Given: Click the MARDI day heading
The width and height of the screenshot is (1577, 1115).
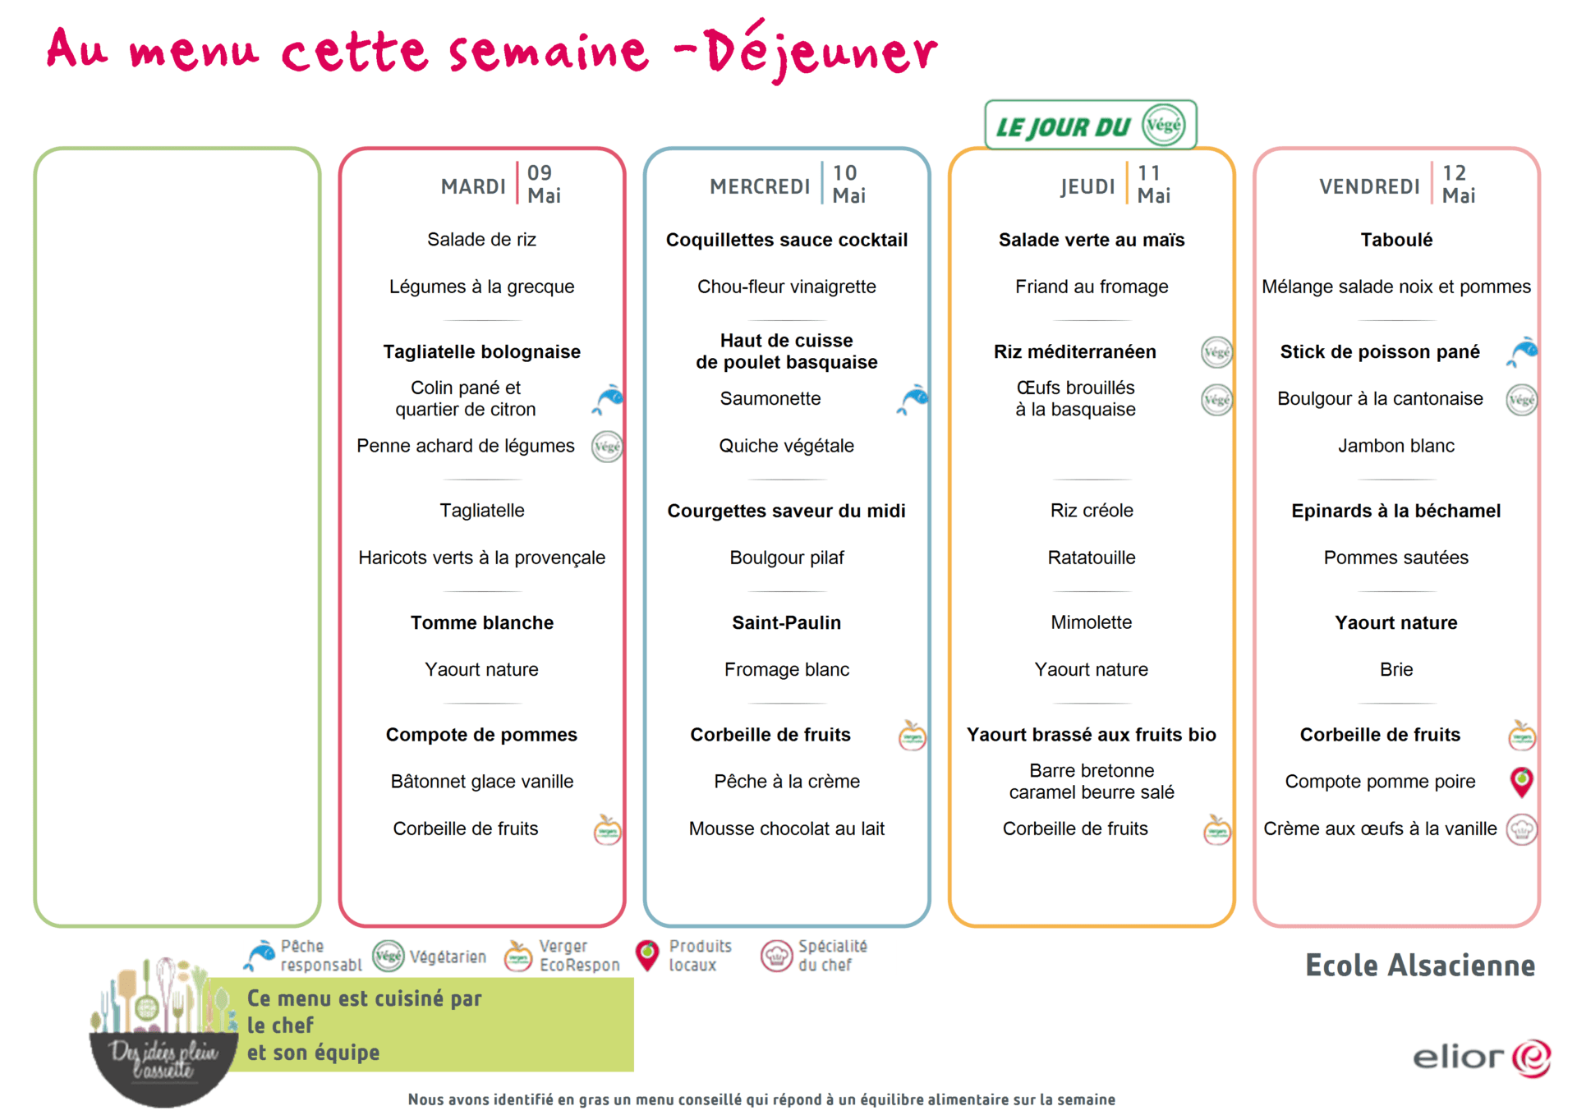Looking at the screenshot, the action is (473, 186).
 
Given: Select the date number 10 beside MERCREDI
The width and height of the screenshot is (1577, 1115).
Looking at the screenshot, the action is (844, 173).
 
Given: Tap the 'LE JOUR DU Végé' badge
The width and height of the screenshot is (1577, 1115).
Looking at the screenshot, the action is (1090, 126).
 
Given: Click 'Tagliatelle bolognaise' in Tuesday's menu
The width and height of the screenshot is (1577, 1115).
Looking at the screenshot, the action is (481, 351).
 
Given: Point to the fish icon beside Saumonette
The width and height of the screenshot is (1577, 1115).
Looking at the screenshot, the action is (912, 399).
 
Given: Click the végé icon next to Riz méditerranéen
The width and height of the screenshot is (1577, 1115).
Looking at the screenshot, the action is (1216, 352).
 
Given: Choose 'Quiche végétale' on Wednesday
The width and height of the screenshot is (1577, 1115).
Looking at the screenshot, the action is (786, 446).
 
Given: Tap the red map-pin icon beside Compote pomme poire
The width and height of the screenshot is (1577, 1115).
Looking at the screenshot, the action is (1521, 782).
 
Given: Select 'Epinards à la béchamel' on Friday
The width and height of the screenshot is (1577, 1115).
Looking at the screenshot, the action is (1395, 511).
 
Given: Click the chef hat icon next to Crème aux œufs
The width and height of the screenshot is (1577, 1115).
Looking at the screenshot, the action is (1521, 829).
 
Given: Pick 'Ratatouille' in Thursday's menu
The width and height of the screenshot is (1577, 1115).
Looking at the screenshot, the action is (1091, 557).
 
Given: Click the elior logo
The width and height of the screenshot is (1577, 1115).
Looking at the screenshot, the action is (1481, 1058).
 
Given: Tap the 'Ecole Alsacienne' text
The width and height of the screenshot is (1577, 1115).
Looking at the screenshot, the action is (1419, 966).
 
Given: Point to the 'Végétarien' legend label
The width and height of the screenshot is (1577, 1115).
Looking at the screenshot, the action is (448, 957).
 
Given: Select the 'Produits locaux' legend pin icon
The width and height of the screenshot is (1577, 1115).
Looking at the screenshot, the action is (647, 956).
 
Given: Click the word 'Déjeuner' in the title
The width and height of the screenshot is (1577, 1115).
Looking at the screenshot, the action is (821, 51).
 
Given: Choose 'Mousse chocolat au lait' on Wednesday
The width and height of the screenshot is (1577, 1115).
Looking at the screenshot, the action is (786, 828).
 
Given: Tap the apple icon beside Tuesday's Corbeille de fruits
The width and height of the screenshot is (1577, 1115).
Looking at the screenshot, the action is (607, 829).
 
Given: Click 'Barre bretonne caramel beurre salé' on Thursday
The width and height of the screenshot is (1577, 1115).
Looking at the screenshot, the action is (1091, 782).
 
